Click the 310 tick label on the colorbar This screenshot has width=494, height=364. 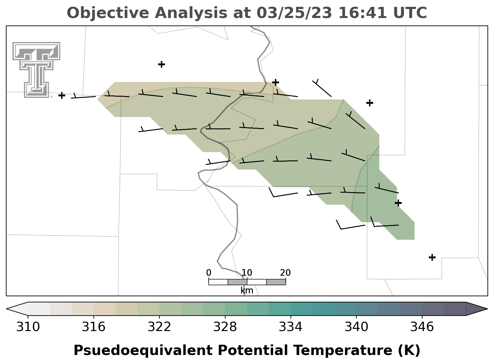click(28, 327)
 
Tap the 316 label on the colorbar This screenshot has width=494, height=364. click(94, 327)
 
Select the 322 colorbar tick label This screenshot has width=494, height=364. click(159, 327)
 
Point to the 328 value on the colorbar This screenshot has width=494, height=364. click(225, 327)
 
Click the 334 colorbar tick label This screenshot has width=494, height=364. click(290, 327)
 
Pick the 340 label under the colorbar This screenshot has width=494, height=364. click(356, 327)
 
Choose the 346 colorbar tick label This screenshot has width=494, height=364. click(422, 327)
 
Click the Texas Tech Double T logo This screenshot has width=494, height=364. click(36, 70)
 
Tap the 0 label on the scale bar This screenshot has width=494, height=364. click(208, 273)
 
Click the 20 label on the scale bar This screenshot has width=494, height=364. click(286, 273)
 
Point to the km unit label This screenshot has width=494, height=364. click(247, 291)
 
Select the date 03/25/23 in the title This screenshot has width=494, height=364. click(294, 13)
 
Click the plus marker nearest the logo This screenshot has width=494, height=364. click(62, 95)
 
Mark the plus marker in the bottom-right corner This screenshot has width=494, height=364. click(432, 257)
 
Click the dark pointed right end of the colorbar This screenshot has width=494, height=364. click(476, 309)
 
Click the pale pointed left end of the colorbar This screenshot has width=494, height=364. click(17, 309)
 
